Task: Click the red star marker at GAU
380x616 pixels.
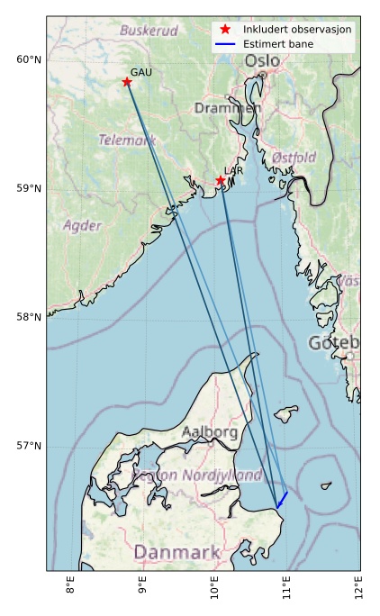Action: [x=127, y=82]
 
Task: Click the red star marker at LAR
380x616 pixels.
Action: [x=221, y=181]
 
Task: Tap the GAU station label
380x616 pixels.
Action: [x=140, y=72]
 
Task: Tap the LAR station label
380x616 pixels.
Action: [x=234, y=170]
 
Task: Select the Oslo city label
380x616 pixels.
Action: [x=262, y=60]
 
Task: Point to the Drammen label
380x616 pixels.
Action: [x=228, y=108]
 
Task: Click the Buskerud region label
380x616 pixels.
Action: [x=149, y=31]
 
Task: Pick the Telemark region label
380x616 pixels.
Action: [x=127, y=140]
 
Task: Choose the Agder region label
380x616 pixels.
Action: [x=82, y=225]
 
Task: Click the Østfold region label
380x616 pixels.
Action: [x=294, y=158]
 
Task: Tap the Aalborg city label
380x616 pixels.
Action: [x=210, y=432]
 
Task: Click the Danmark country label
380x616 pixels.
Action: [x=176, y=551]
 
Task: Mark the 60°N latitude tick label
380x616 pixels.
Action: [x=29, y=60]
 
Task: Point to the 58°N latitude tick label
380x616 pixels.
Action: [x=29, y=317]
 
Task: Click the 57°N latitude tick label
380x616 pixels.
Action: [x=29, y=446]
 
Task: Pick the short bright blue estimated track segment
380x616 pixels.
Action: [x=282, y=498]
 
